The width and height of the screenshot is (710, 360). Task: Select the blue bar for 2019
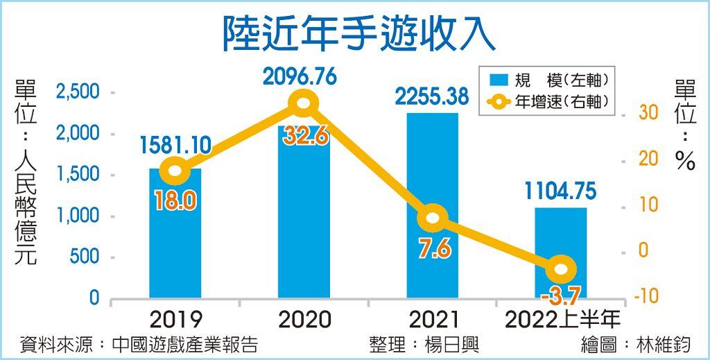tap(175, 243)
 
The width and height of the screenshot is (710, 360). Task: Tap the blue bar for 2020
tap(304, 222)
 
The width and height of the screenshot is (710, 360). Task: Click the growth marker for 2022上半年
tap(560, 269)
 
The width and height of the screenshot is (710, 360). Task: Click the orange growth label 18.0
tap(176, 201)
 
